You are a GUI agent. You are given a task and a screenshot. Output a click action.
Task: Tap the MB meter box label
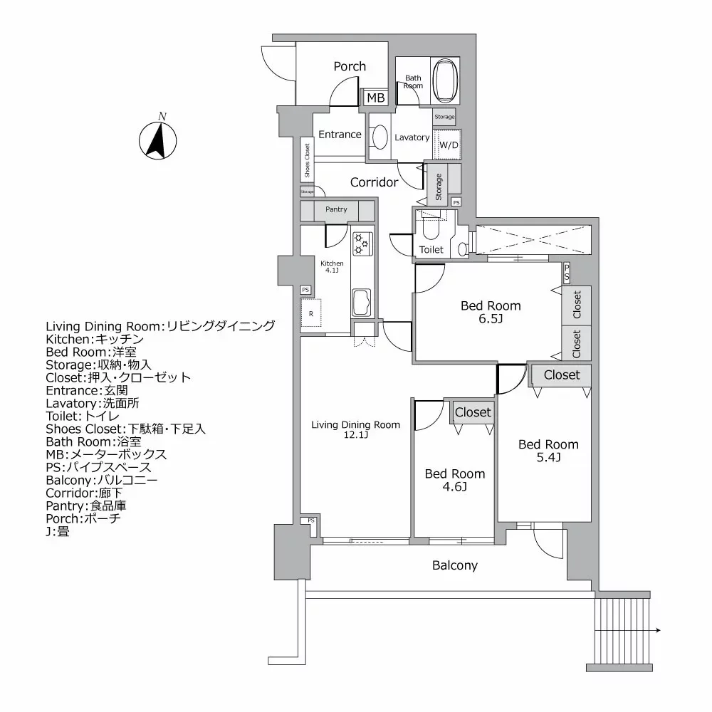pyautogui.click(x=376, y=98)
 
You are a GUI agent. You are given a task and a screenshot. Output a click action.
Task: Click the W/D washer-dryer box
pyautogui.click(x=449, y=145)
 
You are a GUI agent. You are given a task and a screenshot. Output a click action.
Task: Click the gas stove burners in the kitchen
pyautogui.click(x=361, y=243)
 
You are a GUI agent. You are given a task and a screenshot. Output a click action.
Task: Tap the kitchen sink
pyautogui.click(x=361, y=302)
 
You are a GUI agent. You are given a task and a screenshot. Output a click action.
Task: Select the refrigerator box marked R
pyautogui.click(x=311, y=313)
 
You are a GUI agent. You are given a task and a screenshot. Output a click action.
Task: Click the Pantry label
pyautogui.click(x=336, y=209)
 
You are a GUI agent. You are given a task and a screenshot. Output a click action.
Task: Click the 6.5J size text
pyautogui.click(x=491, y=319)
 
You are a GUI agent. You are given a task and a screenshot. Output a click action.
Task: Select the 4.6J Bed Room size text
pyautogui.click(x=454, y=487)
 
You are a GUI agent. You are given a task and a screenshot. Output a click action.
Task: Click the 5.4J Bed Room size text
pyautogui.click(x=548, y=458)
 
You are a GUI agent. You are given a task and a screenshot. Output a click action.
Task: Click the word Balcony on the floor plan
pyautogui.click(x=455, y=565)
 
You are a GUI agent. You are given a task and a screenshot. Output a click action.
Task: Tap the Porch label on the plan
pyautogui.click(x=350, y=66)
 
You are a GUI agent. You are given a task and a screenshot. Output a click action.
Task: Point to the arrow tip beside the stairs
pyautogui.click(x=660, y=630)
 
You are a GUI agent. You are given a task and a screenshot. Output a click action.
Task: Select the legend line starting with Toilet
pyautogui.click(x=83, y=416)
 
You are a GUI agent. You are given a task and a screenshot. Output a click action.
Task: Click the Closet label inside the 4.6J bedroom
pyautogui.click(x=473, y=412)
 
